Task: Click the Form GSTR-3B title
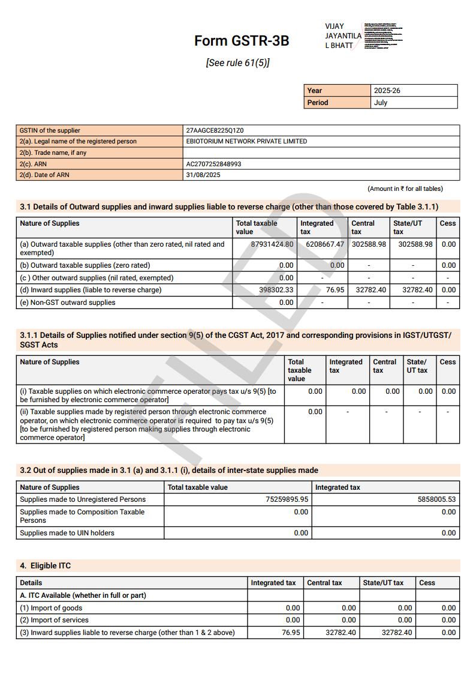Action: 242,41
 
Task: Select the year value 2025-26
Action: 387,91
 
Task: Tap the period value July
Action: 381,103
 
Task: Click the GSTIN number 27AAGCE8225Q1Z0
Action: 215,130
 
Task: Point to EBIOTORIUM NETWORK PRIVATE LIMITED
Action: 246,142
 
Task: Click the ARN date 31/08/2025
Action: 203,175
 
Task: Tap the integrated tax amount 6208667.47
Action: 324,244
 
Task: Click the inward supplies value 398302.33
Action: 276,290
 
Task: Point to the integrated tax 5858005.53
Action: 435,499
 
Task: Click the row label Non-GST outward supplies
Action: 67,302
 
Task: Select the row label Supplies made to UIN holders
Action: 67,533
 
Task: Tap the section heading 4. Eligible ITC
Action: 46,566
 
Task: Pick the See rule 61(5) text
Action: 237,63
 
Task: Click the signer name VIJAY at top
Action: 335,26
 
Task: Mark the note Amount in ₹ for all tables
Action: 405,188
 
